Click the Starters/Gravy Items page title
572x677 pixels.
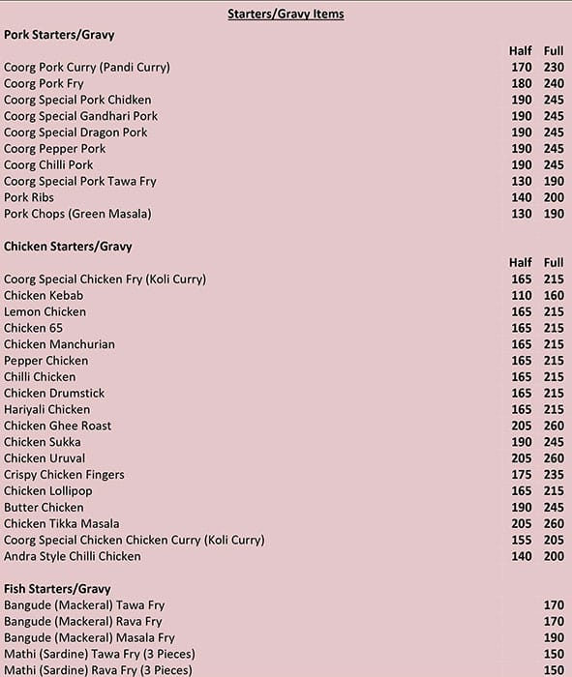coord(286,15)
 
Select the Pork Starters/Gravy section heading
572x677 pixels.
coord(59,35)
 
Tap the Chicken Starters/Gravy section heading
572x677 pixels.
coord(68,247)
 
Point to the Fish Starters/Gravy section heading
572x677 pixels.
coord(57,589)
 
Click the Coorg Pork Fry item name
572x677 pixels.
coord(44,83)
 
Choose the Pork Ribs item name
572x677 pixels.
coord(29,197)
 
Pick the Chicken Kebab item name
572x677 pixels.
coord(44,295)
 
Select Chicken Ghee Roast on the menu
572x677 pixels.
coord(57,426)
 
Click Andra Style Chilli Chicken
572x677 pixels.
coord(73,556)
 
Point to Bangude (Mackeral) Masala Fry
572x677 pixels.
coord(89,637)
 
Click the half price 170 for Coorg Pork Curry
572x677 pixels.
coord(522,68)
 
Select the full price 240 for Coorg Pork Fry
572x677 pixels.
coord(554,83)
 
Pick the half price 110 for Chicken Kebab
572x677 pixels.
coord(522,295)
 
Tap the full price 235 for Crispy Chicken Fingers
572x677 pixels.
coord(554,475)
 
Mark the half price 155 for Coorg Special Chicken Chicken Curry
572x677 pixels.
coord(522,540)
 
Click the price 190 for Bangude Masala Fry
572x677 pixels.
coord(554,637)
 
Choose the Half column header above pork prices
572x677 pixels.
coord(521,50)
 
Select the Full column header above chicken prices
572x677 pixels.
coord(554,262)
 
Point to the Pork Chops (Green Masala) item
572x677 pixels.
coord(77,214)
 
